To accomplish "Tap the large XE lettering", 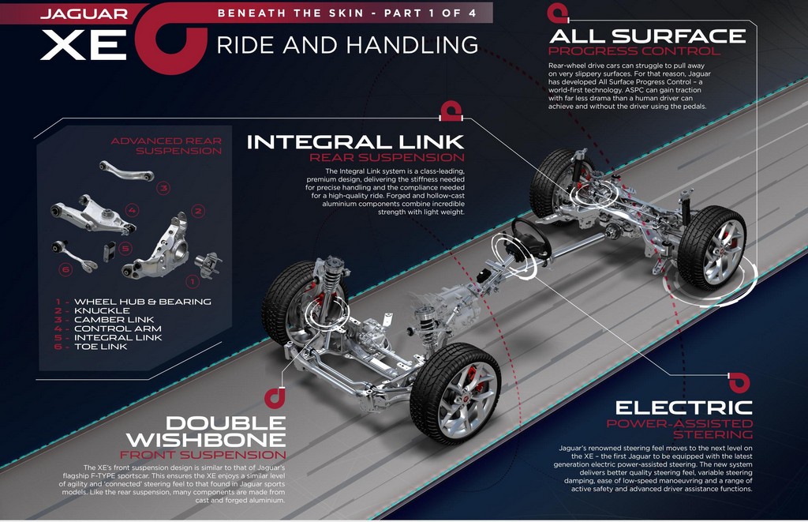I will [84, 46].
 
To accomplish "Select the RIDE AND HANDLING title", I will [347, 44].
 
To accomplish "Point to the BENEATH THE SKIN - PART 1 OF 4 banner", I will [343, 13].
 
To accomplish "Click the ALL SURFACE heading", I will [646, 36].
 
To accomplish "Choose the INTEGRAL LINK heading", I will [355, 142].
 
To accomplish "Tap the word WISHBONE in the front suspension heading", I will [206, 438].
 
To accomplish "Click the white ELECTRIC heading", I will [684, 408].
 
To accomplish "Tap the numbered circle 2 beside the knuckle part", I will [199, 211].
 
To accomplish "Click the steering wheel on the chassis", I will [530, 236].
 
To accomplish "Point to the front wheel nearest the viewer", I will [455, 392].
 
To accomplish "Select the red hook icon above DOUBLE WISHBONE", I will [274, 396].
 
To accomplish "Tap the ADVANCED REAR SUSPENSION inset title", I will [166, 145].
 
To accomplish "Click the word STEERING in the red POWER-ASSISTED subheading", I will [720, 434].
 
